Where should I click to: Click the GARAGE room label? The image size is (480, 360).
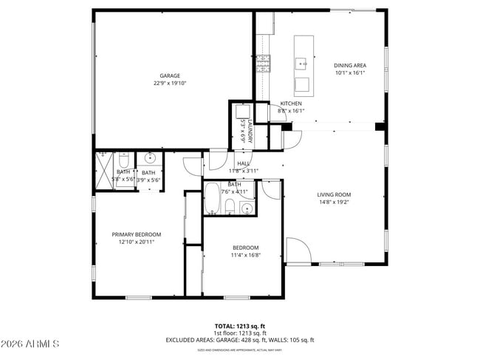point(171,75)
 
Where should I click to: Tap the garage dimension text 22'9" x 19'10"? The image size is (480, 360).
point(171,84)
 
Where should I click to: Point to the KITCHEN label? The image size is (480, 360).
point(290,103)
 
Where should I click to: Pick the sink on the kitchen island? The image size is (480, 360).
point(302,64)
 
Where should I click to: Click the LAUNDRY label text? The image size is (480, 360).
point(250,131)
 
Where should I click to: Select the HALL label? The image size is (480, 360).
point(243,163)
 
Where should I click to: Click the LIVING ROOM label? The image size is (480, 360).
point(333,194)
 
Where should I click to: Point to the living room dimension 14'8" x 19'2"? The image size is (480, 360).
point(333,202)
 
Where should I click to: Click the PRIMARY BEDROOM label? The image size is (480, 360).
point(136,234)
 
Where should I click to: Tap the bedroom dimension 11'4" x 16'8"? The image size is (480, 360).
point(245,255)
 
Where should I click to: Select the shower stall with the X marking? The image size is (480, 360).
point(102,171)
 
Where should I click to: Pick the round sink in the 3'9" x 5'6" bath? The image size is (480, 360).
point(150,157)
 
